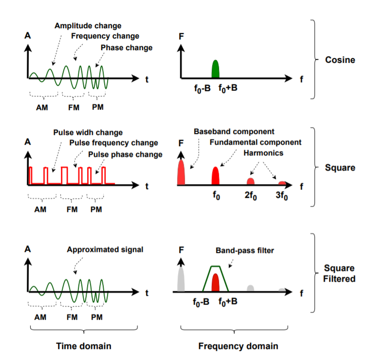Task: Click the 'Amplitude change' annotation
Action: [x=88, y=25]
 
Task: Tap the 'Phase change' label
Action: [x=127, y=47]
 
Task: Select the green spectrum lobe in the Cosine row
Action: [x=216, y=70]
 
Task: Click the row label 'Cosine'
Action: [x=341, y=60]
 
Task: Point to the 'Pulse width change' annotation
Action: [x=88, y=133]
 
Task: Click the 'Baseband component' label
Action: [x=234, y=132]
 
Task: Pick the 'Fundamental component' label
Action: [x=255, y=142]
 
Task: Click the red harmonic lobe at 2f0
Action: [x=251, y=181]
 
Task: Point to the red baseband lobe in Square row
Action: [x=181, y=172]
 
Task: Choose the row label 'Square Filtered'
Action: [x=341, y=273]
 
